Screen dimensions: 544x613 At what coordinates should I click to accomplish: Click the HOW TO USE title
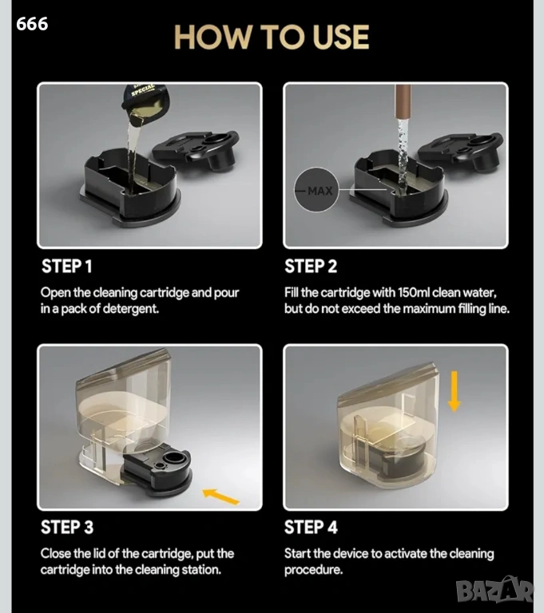coord(272,38)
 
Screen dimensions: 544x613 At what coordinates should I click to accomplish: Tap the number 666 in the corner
coord(32,24)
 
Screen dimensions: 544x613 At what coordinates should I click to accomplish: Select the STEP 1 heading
coord(66,267)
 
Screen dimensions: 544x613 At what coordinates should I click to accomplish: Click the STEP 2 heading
coord(311,267)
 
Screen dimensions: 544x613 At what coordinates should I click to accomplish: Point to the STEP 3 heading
coord(67,527)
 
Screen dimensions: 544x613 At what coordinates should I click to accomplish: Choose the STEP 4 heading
coord(311,527)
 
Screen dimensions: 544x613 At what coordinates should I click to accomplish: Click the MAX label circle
coord(316,190)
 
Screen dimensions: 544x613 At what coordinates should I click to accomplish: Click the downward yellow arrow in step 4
coord(454,391)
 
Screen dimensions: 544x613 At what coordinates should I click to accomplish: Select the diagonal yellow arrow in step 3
coord(220,496)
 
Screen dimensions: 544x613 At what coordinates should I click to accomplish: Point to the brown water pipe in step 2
coord(403,101)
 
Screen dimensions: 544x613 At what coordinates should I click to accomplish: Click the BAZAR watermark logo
coord(494,590)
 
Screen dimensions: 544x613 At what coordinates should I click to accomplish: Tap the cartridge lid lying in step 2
coord(460,152)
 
